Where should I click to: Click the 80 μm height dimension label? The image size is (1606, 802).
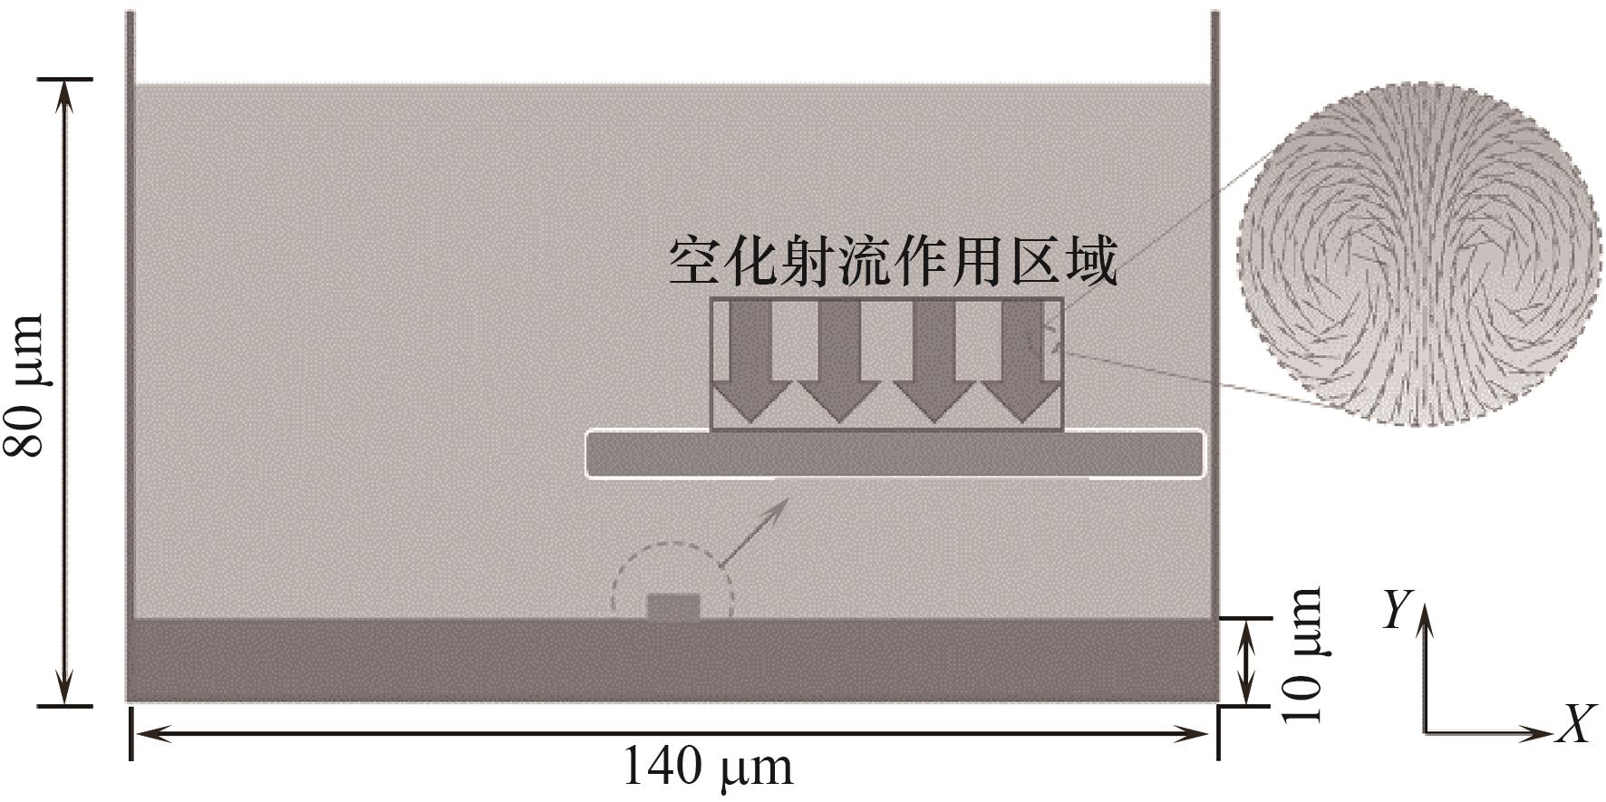click(x=25, y=384)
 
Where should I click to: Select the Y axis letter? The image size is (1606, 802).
click(x=1397, y=611)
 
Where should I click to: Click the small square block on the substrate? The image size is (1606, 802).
click(x=672, y=607)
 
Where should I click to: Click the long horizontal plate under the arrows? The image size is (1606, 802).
click(x=895, y=454)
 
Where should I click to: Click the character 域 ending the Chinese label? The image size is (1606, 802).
click(x=1090, y=262)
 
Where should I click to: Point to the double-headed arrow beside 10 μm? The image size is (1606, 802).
click(x=1248, y=661)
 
